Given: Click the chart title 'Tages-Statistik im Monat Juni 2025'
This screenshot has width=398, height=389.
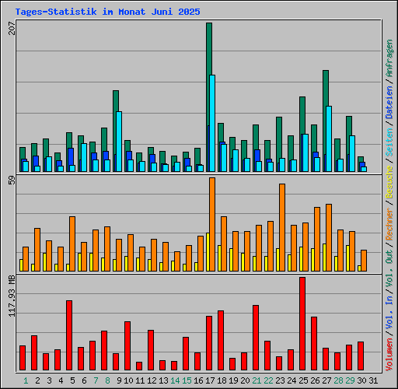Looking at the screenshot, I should (107, 12).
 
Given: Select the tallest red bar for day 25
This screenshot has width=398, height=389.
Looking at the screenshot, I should (302, 323).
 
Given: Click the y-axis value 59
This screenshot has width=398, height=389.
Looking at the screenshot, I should (11, 181).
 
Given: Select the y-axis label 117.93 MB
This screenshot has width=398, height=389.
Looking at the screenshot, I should (11, 296).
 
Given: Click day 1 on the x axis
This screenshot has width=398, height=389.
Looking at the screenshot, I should (26, 380).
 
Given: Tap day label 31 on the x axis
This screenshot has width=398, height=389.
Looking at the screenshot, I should (373, 380).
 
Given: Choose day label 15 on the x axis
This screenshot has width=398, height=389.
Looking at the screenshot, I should (187, 380).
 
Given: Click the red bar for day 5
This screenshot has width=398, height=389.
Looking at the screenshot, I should (69, 335).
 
